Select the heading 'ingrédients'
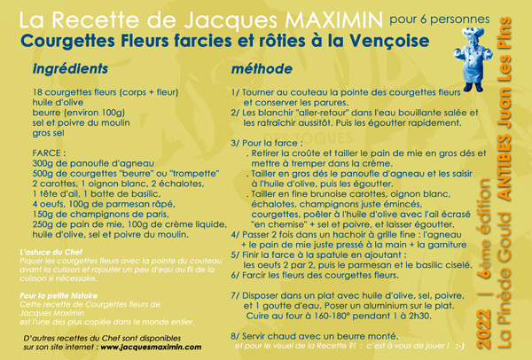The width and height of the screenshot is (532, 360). coord(71,69)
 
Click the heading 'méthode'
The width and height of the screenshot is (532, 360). coord(262,69)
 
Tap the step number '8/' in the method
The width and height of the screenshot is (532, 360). coord(235,336)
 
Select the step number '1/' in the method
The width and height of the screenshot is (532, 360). coord(235,91)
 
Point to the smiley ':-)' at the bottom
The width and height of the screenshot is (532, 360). coord(483,348)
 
